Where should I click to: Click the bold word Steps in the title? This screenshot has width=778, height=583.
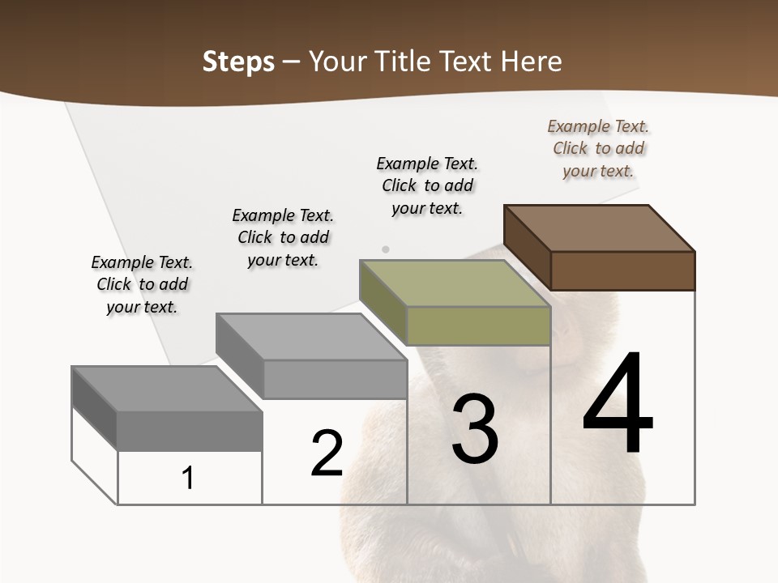(238, 62)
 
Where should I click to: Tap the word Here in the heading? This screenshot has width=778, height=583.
(531, 62)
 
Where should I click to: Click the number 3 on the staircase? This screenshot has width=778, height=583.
(474, 429)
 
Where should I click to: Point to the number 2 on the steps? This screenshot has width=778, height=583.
(327, 453)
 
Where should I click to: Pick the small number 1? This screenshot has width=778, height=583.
(188, 478)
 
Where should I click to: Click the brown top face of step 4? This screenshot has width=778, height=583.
(600, 228)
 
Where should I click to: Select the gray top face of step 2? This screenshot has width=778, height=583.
(311, 337)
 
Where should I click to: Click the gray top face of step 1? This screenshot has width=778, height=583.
(167, 389)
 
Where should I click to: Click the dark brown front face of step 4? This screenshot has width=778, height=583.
(622, 270)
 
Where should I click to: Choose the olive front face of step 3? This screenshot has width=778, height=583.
(478, 326)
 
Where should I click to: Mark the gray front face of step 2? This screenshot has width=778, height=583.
(334, 380)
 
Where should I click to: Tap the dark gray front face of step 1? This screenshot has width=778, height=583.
(190, 431)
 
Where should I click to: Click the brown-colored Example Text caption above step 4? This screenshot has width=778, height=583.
(598, 148)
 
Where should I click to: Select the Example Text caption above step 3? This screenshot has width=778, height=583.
(427, 185)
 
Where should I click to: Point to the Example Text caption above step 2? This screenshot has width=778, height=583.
(283, 237)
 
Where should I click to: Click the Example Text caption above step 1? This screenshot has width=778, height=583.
(142, 284)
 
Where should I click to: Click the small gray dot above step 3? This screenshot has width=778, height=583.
(386, 249)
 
